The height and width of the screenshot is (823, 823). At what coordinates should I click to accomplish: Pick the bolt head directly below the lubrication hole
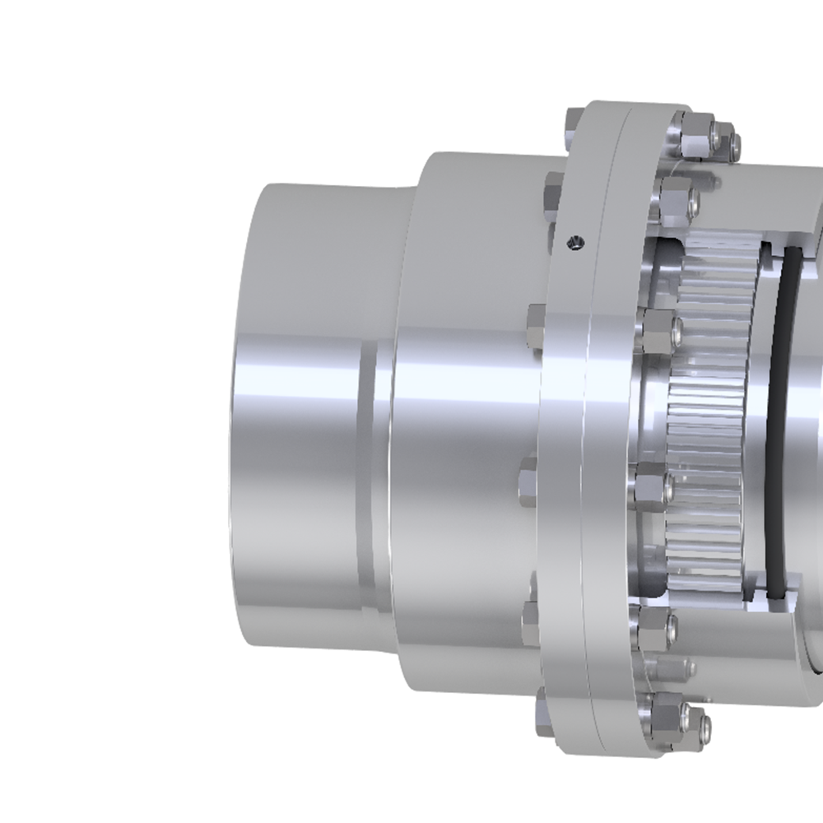(536, 316)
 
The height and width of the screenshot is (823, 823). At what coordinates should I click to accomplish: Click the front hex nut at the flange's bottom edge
(671, 713)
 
